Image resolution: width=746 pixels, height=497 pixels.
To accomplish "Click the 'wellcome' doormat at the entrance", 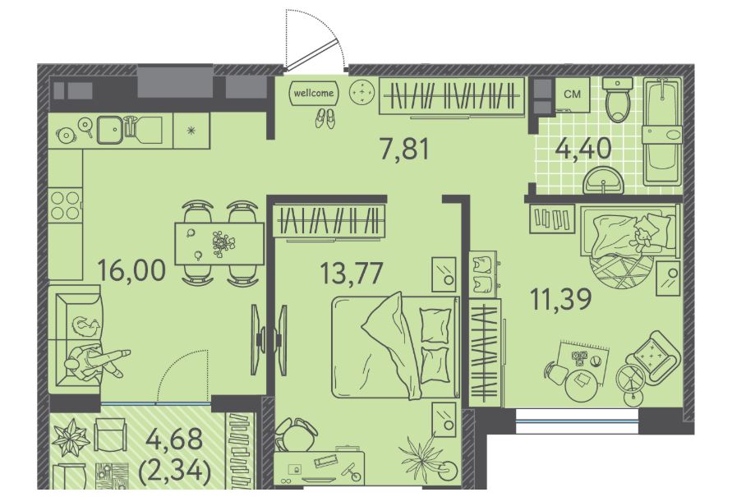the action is coord(314,93).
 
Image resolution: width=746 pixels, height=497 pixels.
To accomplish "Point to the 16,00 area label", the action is coord(131,269).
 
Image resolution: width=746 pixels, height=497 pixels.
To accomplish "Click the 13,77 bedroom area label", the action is coord(352,273).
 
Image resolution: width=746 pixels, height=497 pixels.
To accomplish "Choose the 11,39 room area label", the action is coord(561,298).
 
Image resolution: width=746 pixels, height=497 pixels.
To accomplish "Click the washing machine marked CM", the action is coord(573,94).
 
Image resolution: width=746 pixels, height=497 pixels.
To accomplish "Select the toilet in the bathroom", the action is coord(617,99).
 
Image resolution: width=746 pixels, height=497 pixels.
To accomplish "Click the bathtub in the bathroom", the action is coord(663,131).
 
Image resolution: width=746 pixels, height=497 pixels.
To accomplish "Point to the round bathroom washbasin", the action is coord(603,180).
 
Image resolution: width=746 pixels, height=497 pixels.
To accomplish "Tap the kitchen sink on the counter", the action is coord(113,129).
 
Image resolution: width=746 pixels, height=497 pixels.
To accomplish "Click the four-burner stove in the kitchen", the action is coord(65,205).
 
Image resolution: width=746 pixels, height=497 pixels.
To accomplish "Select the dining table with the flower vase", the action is coord(219,243).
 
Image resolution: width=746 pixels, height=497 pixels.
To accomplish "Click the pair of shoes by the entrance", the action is coord(325,117).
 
